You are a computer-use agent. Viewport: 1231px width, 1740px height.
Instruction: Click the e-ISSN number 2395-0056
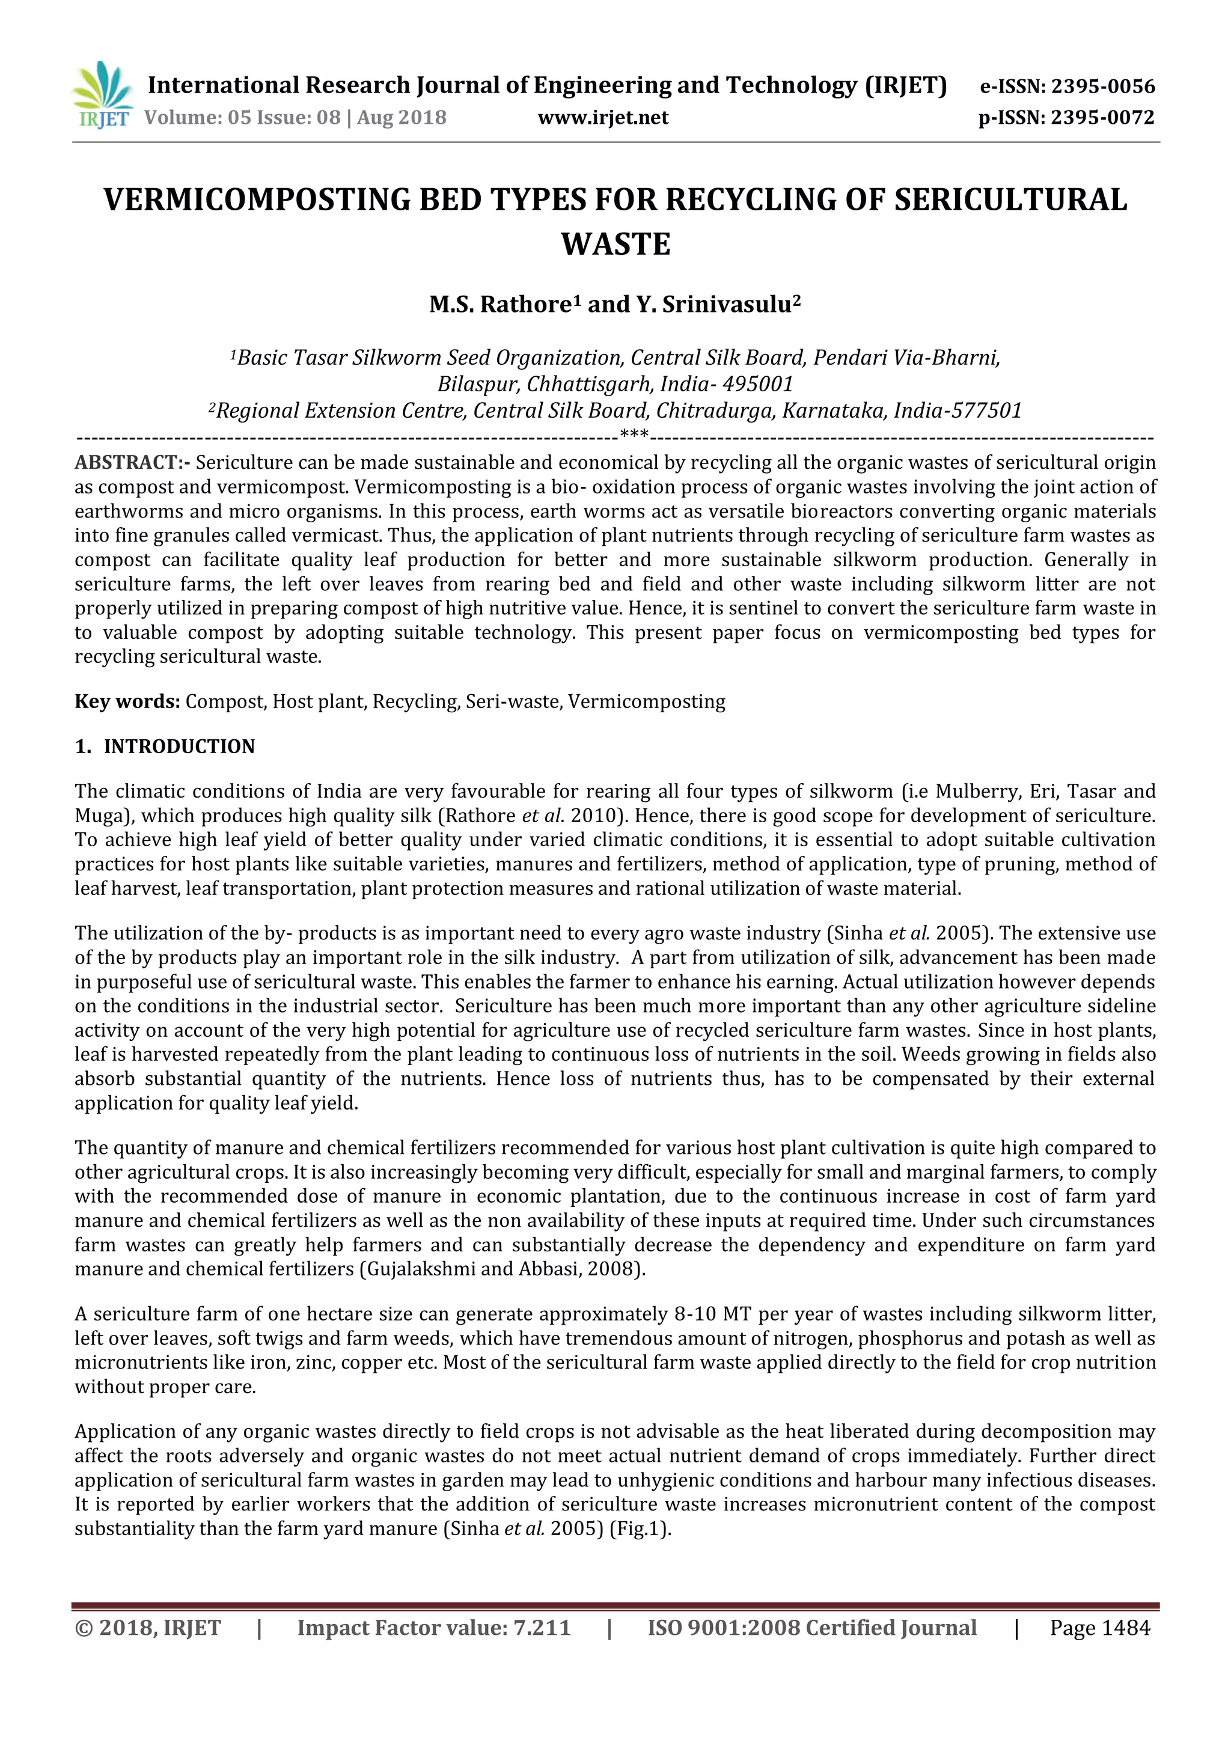click(x=1102, y=87)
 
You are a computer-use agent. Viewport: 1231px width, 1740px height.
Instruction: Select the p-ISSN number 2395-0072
click(x=1102, y=117)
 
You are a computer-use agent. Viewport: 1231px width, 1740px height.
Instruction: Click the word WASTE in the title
click(x=615, y=244)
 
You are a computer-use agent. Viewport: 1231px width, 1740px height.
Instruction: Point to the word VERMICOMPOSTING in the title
click(x=256, y=200)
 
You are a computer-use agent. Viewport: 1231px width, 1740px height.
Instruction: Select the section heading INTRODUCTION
click(x=179, y=746)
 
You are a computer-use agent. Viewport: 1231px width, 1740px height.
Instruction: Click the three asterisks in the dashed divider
click(x=634, y=435)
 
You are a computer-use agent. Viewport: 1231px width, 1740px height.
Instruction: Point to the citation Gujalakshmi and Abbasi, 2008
click(x=500, y=1269)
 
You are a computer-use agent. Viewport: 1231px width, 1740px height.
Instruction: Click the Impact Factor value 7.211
click(x=541, y=1628)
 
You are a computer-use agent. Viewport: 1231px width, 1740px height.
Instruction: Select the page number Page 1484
click(x=1099, y=1628)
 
